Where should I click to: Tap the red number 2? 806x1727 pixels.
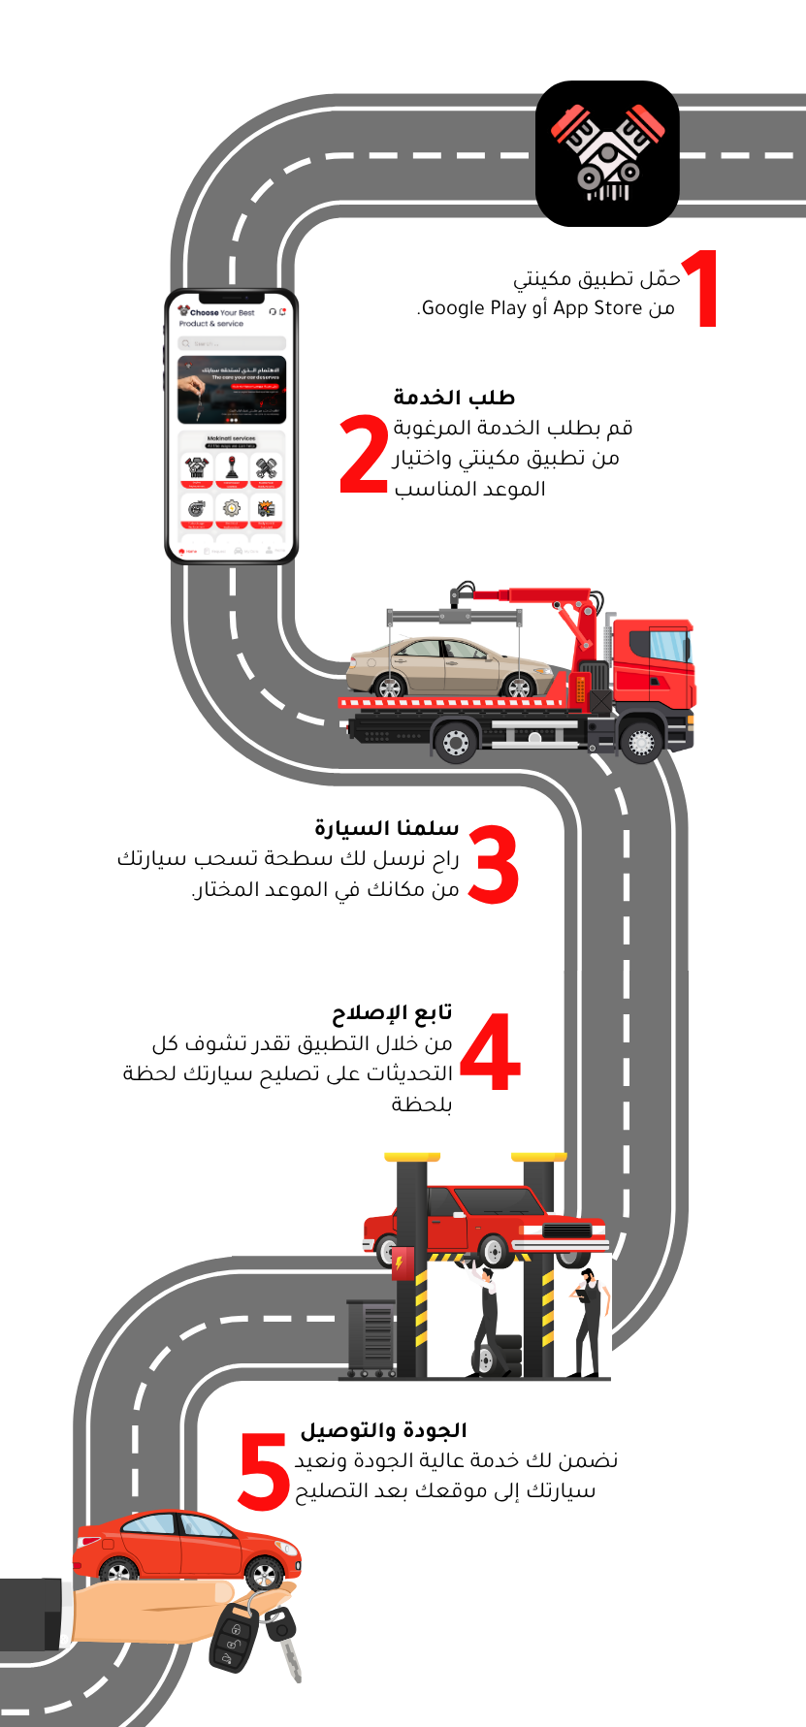point(364,454)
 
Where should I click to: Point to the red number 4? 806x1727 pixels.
point(490,1051)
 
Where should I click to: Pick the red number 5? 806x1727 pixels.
point(264,1472)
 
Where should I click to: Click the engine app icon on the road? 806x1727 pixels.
point(607,154)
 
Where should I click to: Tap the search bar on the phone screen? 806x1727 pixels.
point(232,343)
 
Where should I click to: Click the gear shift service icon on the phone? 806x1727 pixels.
point(232,468)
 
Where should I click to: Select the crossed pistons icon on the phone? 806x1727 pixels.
point(266,468)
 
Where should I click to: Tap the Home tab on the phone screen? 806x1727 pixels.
point(188,551)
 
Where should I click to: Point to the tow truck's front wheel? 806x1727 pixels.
point(641,742)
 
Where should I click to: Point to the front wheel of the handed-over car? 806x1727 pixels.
point(263,1573)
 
